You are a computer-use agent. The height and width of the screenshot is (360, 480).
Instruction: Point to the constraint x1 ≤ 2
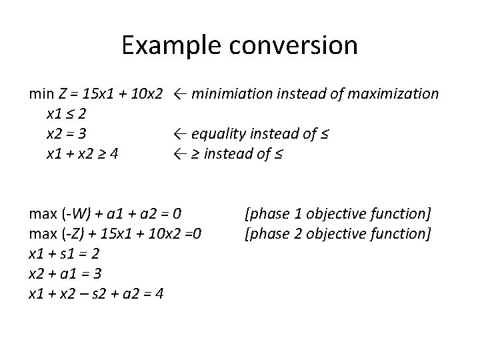(65, 113)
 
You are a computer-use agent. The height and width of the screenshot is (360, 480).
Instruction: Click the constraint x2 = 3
(65, 133)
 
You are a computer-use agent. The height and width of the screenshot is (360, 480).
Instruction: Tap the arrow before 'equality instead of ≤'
(179, 133)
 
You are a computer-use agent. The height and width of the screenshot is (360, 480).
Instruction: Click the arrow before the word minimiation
(179, 93)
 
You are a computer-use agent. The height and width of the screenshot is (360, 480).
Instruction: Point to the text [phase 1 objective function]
(338, 213)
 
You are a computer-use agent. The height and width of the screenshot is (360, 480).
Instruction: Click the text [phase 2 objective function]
(338, 233)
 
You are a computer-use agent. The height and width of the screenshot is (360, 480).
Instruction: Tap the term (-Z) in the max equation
(71, 233)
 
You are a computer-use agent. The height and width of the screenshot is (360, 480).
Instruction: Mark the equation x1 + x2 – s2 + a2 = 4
(96, 293)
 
